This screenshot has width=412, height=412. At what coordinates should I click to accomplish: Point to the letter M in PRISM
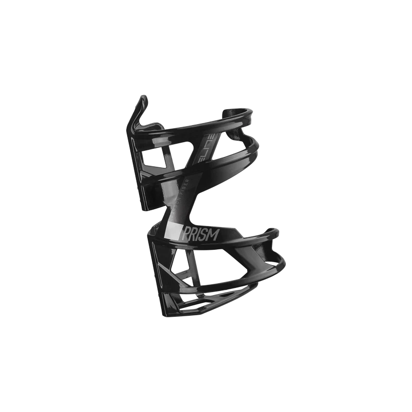point(215,234)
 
